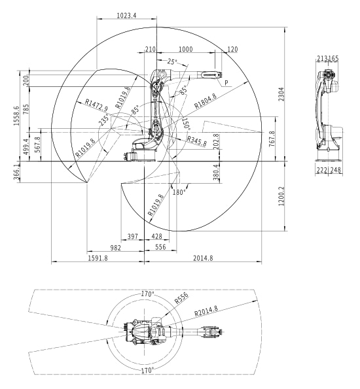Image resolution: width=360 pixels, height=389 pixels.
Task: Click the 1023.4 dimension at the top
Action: click(126, 16)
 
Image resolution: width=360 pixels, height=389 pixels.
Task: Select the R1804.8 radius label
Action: click(206, 101)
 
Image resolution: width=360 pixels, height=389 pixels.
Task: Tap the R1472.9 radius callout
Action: click(96, 105)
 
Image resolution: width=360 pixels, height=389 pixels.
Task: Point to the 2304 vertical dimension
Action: click(281, 94)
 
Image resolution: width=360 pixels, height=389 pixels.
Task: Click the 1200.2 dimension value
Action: click(281, 196)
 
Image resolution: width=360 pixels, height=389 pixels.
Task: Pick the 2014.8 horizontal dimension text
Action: click(203, 258)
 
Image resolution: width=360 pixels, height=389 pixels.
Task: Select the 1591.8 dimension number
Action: click(98, 258)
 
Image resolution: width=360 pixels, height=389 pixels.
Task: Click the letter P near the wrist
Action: click(226, 82)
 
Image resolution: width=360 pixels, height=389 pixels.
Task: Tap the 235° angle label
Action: click(104, 120)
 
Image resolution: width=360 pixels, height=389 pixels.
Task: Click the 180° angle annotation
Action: click(179, 192)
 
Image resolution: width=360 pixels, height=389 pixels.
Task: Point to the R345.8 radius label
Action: click(197, 141)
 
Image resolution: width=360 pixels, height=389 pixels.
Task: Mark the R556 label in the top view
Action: click(181, 298)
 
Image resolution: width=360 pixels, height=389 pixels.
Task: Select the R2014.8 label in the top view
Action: click(206, 311)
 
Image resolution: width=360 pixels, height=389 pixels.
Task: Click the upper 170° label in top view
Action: click(148, 294)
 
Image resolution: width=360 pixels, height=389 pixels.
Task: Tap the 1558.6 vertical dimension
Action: click(16, 116)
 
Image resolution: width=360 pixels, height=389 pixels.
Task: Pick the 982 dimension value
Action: click(116, 248)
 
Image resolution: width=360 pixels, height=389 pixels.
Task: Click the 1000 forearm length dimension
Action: click(186, 49)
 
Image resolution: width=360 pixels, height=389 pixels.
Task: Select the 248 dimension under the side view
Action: click(336, 170)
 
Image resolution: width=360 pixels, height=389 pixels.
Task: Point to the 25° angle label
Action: click(172, 61)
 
